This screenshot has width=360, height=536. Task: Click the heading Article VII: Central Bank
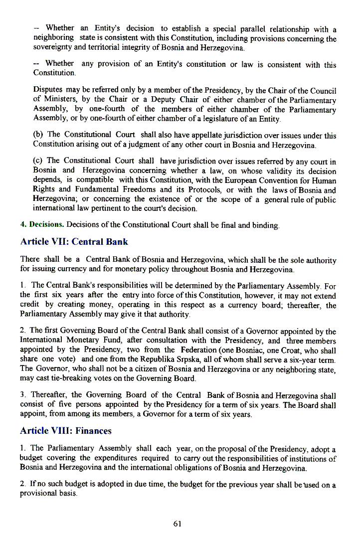coord(74,242)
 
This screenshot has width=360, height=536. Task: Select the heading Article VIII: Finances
coord(66,430)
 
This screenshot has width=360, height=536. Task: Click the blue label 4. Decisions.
coord(42,225)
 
